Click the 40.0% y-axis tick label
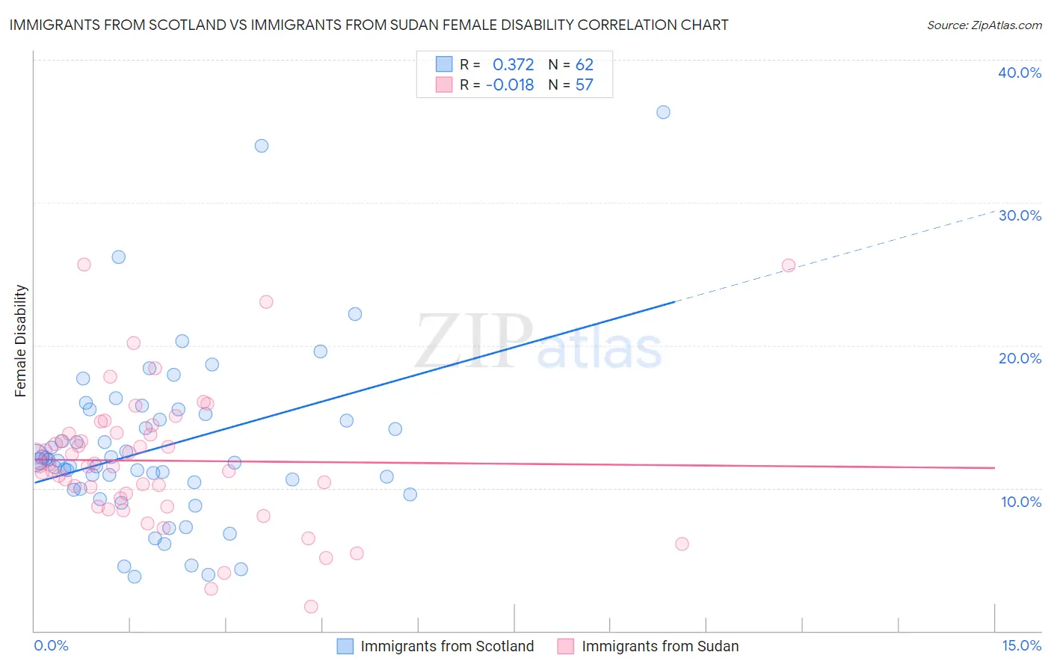coord(1020,73)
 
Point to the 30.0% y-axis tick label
coord(1020,215)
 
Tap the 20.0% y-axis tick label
coord(1020,358)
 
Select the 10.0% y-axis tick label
coord(1021,502)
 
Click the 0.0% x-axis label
coord(51,645)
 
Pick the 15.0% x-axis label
coord(1021,645)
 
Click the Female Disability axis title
coord(21,340)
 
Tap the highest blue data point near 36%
coord(663,112)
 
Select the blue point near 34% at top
coord(262,146)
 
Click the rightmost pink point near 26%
coord(788,265)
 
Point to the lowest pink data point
coord(311,606)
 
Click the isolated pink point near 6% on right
coord(682,544)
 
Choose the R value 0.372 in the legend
coord(513,65)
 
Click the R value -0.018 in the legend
coord(510,85)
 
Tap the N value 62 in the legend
coord(584,65)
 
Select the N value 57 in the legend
coord(584,85)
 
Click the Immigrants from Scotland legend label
coord(447,646)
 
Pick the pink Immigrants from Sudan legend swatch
coord(566,646)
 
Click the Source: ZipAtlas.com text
coord(984,25)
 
